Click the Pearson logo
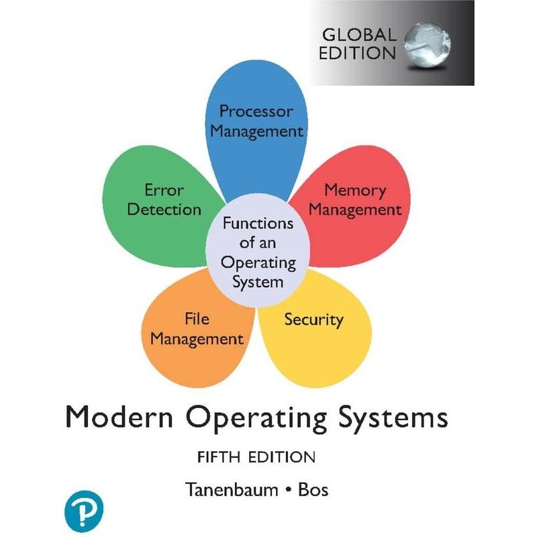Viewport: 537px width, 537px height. [x=84, y=511]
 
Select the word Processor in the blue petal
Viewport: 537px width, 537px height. [x=256, y=111]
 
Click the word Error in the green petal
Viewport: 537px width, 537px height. [x=164, y=190]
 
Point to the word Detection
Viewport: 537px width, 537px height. [x=164, y=209]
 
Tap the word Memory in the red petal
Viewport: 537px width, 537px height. [x=355, y=191]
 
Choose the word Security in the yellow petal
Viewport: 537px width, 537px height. [x=313, y=320]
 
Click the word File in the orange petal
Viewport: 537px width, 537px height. [x=197, y=319]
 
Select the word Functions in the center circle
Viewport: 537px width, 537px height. [x=258, y=224]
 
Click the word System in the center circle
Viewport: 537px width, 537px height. [x=258, y=283]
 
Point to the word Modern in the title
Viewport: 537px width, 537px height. [x=119, y=416]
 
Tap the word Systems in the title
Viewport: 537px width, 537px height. [x=393, y=418]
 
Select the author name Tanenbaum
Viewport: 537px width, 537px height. [x=232, y=489]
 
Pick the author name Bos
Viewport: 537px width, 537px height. [x=313, y=490]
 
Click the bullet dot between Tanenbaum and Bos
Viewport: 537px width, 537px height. [x=289, y=491]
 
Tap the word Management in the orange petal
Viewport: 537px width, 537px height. [x=197, y=339]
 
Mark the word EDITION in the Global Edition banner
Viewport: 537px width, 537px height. [x=357, y=53]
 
